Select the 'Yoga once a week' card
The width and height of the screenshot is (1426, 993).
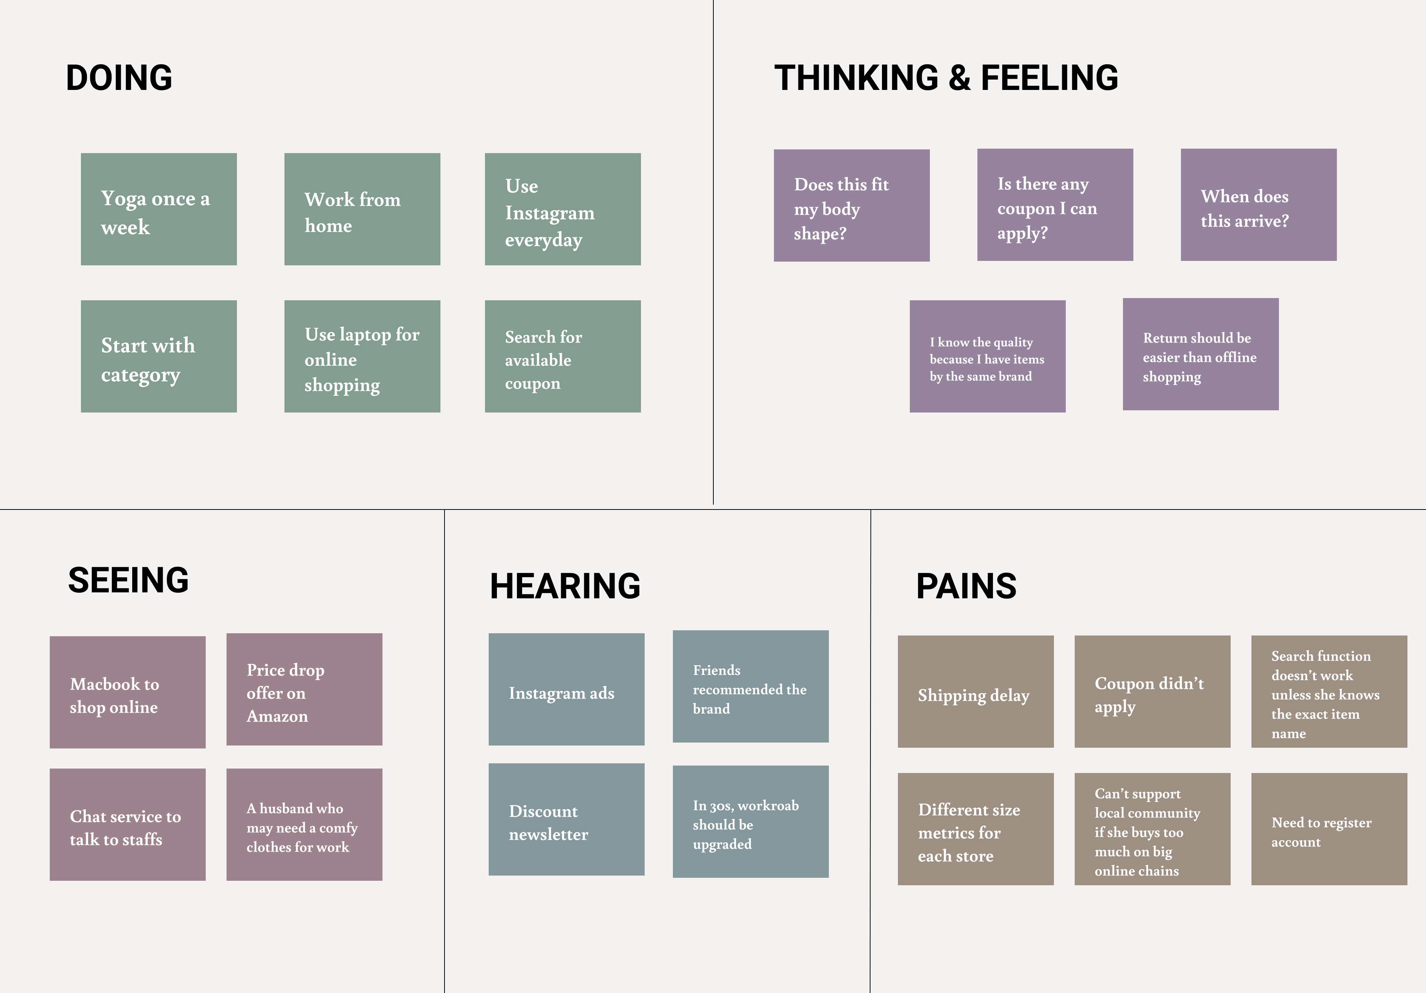tap(158, 209)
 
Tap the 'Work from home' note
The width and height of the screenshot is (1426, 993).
tap(362, 209)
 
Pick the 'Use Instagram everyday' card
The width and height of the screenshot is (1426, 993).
tap(562, 209)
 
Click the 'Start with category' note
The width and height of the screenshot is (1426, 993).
tap(158, 357)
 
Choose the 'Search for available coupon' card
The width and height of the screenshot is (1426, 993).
tap(562, 357)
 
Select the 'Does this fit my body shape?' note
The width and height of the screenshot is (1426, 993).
tap(852, 206)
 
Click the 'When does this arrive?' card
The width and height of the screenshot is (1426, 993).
tap(1258, 205)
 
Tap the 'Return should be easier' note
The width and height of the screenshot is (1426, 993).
tap(1201, 354)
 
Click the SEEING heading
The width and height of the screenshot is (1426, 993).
tap(128, 580)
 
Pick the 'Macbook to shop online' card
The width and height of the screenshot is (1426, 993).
tap(127, 692)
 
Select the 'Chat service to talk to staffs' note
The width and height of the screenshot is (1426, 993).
tap(127, 825)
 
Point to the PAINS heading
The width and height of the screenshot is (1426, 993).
tap(966, 586)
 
